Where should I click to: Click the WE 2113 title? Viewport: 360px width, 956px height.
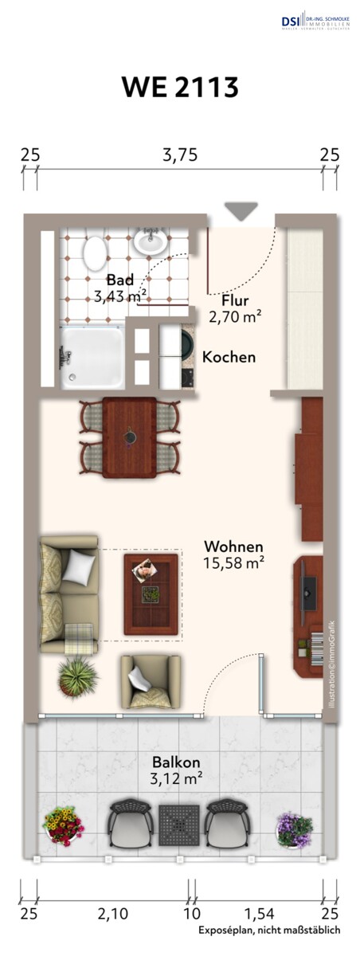180,87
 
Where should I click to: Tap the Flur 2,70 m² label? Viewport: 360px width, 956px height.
235,308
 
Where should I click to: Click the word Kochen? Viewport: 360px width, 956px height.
229,357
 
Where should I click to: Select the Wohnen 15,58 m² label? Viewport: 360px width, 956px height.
234,554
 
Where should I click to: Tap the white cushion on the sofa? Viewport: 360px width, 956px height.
80,566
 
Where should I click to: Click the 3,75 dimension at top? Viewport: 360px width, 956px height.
180,155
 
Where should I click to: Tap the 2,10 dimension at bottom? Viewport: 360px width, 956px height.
113,913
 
